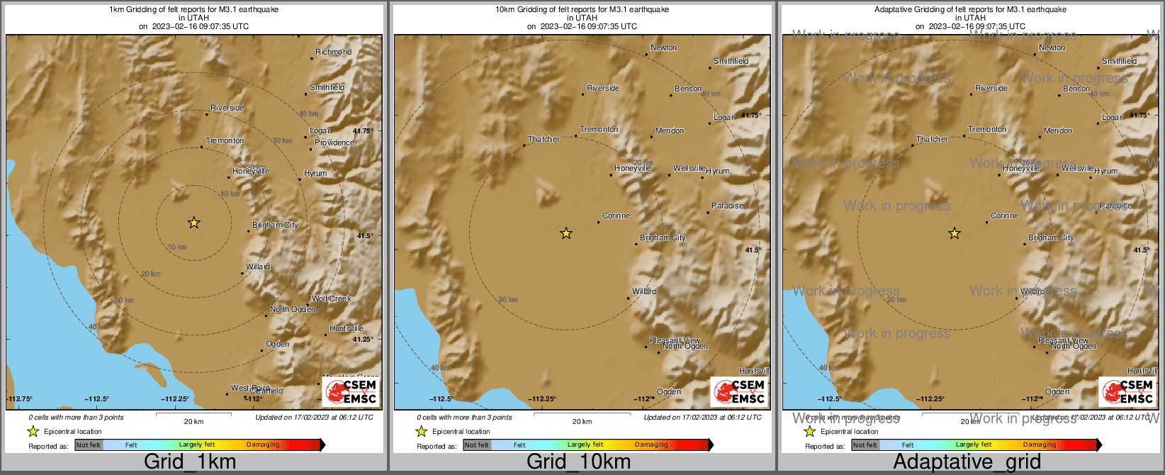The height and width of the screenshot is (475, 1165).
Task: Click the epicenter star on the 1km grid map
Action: (x=193, y=223)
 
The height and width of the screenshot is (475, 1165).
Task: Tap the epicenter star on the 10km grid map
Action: (x=565, y=233)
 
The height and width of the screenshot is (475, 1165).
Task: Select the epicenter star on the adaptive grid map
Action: (x=955, y=233)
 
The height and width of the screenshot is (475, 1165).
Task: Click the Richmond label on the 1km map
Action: (x=333, y=52)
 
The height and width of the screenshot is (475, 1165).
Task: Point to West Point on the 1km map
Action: (x=250, y=388)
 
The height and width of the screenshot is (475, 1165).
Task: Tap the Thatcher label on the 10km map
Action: (x=544, y=139)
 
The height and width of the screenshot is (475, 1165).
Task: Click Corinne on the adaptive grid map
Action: (x=1004, y=216)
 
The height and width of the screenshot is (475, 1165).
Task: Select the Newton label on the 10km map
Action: (x=663, y=48)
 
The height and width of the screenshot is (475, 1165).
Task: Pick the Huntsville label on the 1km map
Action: (x=347, y=328)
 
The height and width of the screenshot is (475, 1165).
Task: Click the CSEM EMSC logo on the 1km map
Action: (x=351, y=392)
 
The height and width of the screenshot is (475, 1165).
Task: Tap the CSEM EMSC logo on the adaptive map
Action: (x=1127, y=392)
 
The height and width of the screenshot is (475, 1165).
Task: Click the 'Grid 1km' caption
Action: (x=190, y=462)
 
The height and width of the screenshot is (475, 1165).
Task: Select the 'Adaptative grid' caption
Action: (x=967, y=462)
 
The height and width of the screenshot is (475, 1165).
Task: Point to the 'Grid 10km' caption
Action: (x=578, y=462)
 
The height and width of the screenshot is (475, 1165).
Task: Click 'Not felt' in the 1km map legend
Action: (x=89, y=445)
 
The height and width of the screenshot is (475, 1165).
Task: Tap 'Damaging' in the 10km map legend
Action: (x=651, y=445)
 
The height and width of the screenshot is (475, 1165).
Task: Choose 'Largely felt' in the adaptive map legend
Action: (x=974, y=445)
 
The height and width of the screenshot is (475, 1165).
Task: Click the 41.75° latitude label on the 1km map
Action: (x=363, y=131)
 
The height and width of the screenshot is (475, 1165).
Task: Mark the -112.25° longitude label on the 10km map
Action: (x=542, y=399)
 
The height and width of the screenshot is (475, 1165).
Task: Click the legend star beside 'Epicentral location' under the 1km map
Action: (x=33, y=431)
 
